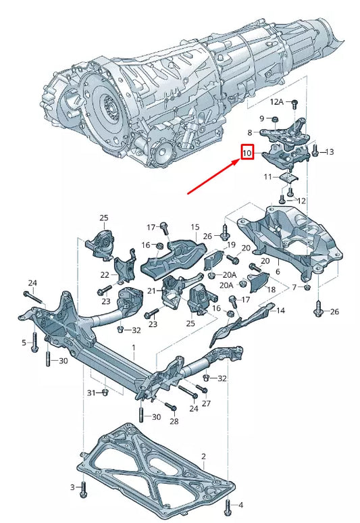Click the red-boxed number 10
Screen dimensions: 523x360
(x=247, y=154)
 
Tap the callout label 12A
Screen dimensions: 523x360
(x=278, y=102)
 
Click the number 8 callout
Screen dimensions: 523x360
(x=249, y=132)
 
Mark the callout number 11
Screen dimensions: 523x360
(x=267, y=177)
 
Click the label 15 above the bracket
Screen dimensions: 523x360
(x=195, y=228)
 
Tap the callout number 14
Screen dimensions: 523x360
(x=281, y=310)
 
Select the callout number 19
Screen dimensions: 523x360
(x=230, y=245)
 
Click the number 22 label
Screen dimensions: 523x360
(x=105, y=275)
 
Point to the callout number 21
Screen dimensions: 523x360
(x=151, y=291)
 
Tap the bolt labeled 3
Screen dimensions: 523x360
(x=83, y=489)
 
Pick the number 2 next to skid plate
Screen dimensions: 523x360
(x=203, y=457)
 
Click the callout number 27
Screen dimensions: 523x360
(x=206, y=403)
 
